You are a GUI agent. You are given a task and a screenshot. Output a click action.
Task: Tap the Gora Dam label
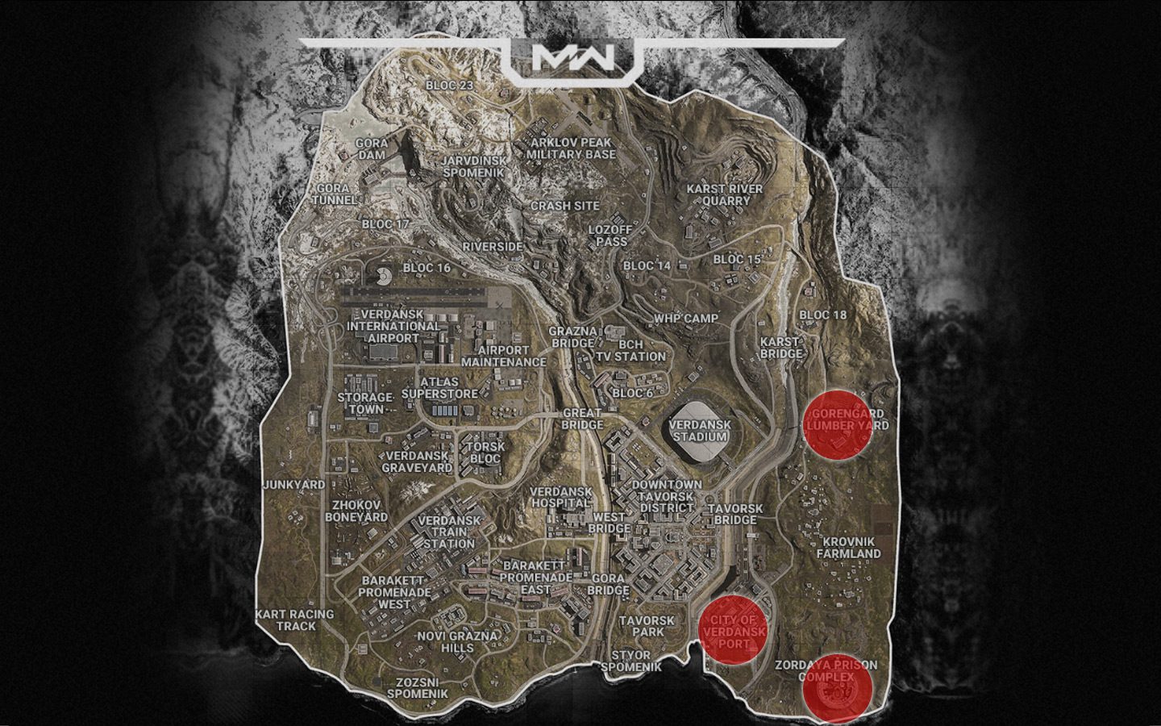click(371, 150)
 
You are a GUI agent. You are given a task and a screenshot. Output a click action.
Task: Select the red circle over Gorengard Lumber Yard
click(838, 425)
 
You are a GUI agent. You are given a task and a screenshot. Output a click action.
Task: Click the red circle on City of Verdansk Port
click(733, 630)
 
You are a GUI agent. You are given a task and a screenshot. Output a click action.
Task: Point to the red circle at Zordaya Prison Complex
click(838, 688)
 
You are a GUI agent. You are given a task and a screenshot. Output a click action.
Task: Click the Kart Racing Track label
click(294, 620)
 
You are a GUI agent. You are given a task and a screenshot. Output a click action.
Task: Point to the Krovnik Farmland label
click(848, 548)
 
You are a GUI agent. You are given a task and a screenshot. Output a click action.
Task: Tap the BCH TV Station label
click(631, 350)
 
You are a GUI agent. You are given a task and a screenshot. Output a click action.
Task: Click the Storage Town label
click(364, 403)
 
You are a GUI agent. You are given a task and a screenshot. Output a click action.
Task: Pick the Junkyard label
click(294, 485)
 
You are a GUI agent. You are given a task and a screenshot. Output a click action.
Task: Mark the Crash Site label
click(564, 206)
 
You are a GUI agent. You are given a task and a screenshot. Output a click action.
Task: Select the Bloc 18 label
click(822, 315)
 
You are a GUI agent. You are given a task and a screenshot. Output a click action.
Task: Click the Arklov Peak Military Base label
click(571, 148)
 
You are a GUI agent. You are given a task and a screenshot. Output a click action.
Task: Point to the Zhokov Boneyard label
click(356, 511)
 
